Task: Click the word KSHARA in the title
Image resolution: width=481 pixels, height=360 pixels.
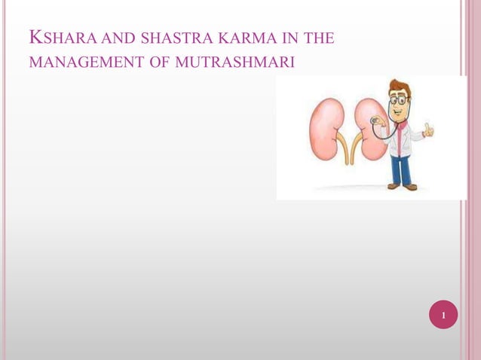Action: coord(52,37)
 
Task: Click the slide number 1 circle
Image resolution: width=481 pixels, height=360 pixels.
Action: coord(443,315)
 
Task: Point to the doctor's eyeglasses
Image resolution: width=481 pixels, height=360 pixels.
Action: coord(400,99)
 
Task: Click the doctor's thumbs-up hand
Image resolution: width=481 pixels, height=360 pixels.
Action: coord(429,130)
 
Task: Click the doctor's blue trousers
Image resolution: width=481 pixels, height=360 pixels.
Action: coord(401,169)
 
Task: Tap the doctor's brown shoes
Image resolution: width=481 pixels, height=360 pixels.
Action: coord(402,186)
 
